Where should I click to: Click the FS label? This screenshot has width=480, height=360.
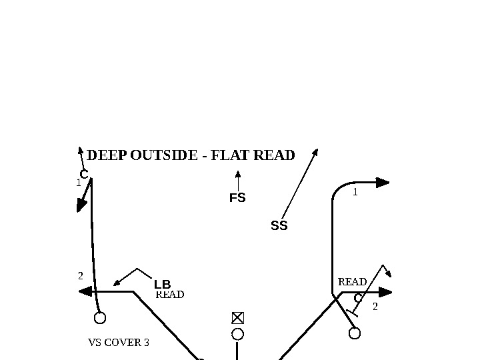pos(237,198)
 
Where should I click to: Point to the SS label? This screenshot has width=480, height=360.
pos(279,226)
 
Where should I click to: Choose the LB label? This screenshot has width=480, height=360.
pos(163,285)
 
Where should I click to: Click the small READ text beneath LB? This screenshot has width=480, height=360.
pos(170,295)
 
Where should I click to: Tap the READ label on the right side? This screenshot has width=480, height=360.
pos(353,282)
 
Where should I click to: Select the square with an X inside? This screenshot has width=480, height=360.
pos(237,317)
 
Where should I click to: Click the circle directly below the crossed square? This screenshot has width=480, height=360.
pos(237,333)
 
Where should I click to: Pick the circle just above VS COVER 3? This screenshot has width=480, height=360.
pos(100,318)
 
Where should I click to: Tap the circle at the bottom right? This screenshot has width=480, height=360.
pos(355,333)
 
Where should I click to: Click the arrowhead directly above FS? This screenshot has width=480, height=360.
pos(237,175)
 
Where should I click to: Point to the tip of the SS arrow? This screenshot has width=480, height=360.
pos(316,150)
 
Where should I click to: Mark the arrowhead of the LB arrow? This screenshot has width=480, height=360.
pos(117,283)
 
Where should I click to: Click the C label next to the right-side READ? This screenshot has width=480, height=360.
pos(357,298)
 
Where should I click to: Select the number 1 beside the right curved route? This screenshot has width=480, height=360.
pos(355,192)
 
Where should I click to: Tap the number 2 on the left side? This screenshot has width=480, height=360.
pos(81,275)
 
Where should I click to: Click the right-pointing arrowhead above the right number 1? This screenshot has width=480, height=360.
pos(383,182)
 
